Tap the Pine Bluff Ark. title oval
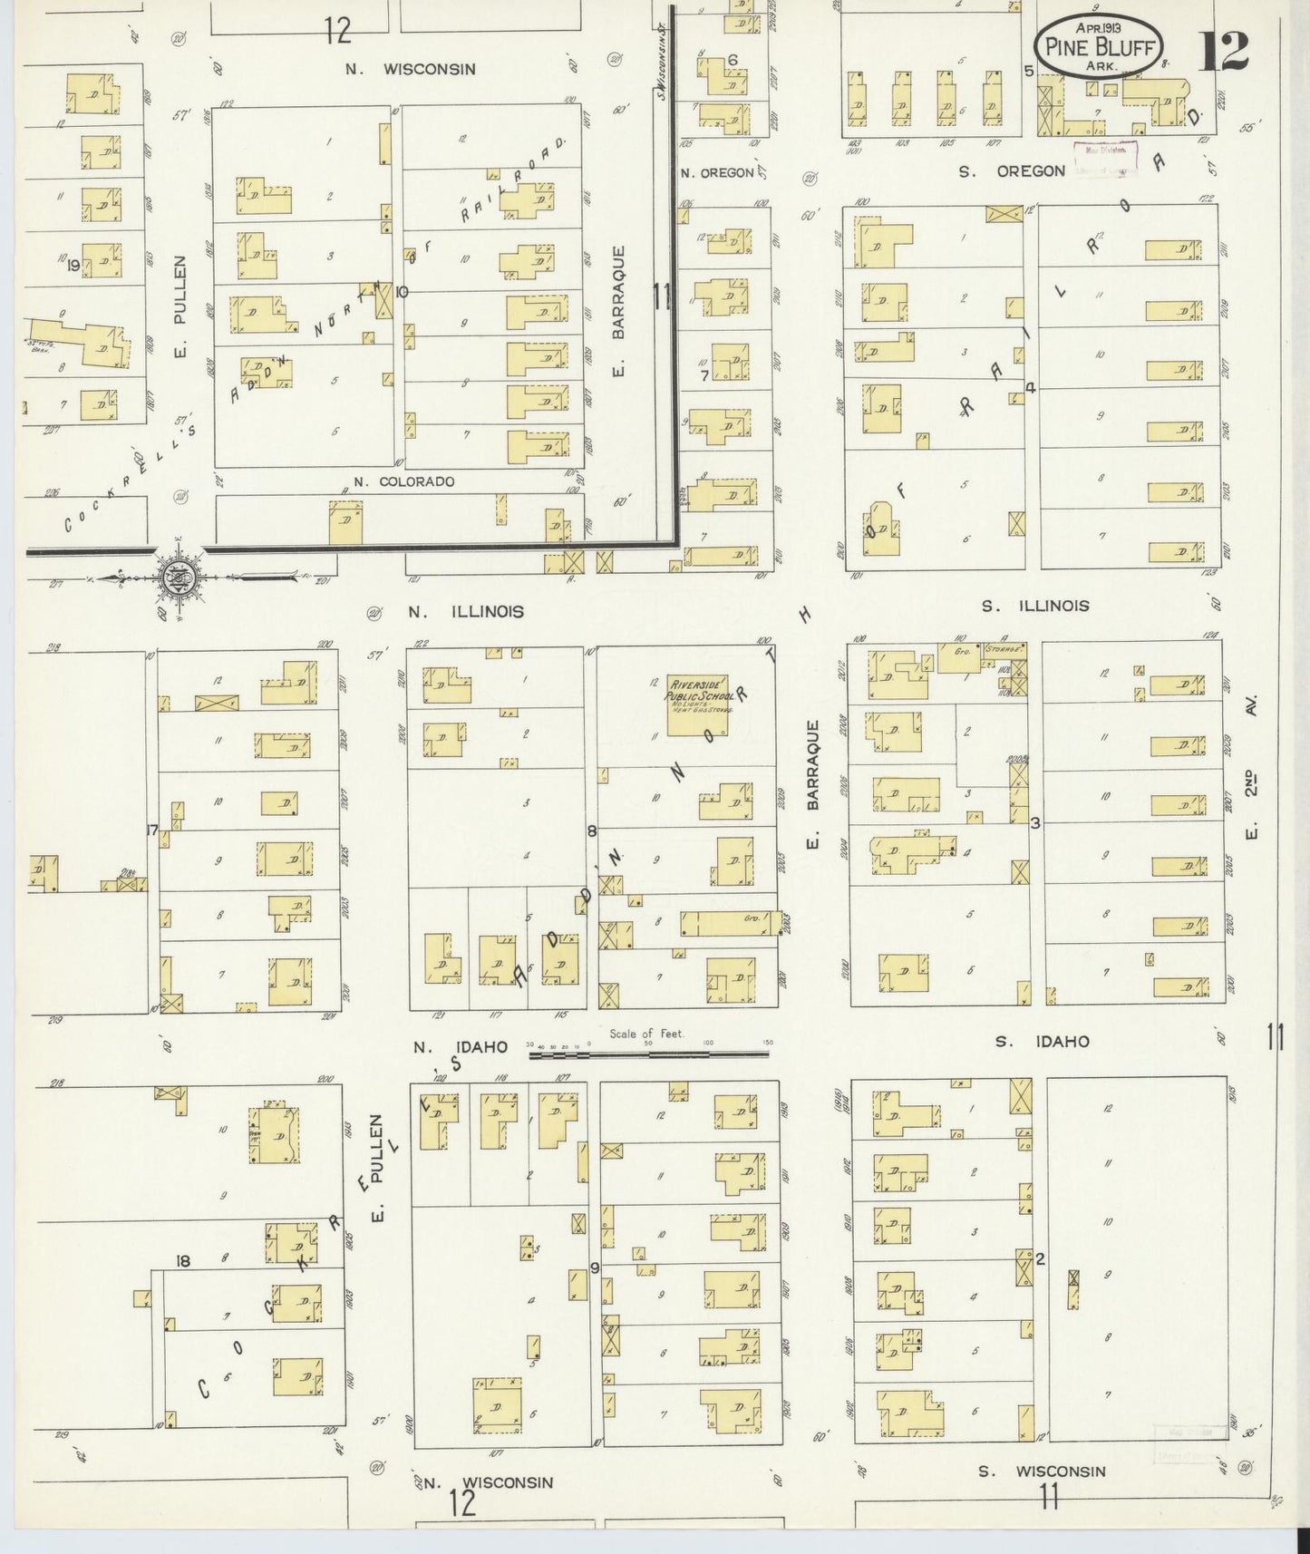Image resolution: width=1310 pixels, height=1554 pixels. click(1098, 45)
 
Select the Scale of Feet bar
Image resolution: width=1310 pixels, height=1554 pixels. click(649, 1054)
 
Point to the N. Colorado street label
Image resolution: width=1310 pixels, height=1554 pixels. click(403, 482)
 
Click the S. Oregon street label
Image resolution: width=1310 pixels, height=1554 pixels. click(1012, 170)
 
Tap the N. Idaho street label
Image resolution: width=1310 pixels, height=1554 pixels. click(460, 1047)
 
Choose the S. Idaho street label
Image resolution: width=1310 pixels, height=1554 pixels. click(1042, 1042)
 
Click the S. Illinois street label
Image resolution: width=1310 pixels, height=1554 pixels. click(1037, 606)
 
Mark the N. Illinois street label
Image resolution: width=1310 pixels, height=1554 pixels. click(465, 612)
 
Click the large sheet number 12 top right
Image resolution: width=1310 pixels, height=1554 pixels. click(1225, 50)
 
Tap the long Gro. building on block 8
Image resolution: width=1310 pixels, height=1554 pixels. click(728, 924)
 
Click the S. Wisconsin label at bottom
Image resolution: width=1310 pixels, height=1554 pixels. click(1042, 1471)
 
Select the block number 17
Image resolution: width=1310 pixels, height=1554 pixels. click(152, 829)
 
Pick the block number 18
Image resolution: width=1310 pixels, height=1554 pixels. click(183, 1260)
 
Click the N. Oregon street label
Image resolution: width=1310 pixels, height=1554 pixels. click(716, 172)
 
